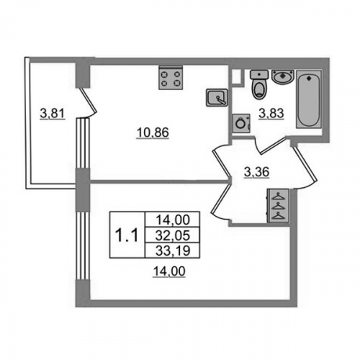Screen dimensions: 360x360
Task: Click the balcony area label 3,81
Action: point(53,114)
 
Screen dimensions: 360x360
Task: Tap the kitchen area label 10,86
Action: point(153,132)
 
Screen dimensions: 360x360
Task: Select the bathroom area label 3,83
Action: point(271,113)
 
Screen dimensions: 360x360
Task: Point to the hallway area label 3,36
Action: point(256,172)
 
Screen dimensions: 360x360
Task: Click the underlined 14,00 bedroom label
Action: point(169,271)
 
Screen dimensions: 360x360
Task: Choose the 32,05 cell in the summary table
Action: point(173,235)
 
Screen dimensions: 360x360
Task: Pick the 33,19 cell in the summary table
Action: point(173,251)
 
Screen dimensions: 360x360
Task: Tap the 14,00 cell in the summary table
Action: point(173,220)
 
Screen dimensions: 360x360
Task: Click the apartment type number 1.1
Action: point(127,235)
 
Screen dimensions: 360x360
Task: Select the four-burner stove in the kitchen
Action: point(171,78)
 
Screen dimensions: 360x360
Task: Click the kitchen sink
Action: point(217,97)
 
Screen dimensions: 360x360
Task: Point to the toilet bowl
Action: point(259,89)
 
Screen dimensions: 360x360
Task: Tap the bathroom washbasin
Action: point(283,76)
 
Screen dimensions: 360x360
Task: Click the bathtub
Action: point(308,99)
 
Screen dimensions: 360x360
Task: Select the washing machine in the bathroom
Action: point(241,123)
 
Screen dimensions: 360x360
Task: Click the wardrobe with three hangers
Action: point(278,206)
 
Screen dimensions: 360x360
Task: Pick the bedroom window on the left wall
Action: point(83,246)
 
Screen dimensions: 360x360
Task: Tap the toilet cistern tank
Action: point(258,74)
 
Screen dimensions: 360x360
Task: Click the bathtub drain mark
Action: point(309,78)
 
